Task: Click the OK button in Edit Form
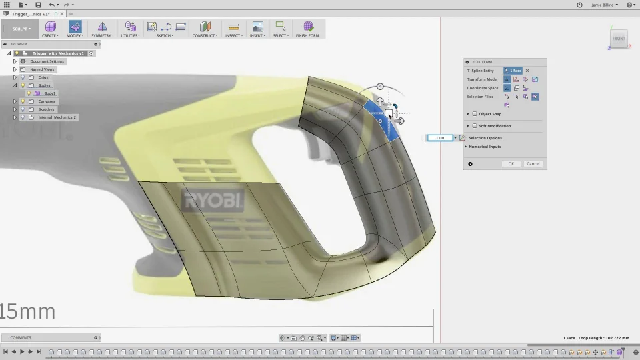(511, 163)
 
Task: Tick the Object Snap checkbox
(475, 114)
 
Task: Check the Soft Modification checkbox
(475, 126)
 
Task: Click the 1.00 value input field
(440, 138)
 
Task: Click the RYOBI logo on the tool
(214, 201)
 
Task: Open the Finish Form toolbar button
(307, 29)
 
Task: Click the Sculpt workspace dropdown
(21, 29)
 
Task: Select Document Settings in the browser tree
(47, 61)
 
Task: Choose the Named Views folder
(42, 69)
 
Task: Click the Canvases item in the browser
(47, 101)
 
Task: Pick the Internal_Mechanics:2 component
(57, 117)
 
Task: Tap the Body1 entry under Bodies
(50, 93)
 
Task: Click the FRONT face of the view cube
(619, 39)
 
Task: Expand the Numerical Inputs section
(485, 147)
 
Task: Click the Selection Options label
(485, 138)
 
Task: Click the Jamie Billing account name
(604, 5)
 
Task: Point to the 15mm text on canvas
(28, 311)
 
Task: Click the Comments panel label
(21, 337)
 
